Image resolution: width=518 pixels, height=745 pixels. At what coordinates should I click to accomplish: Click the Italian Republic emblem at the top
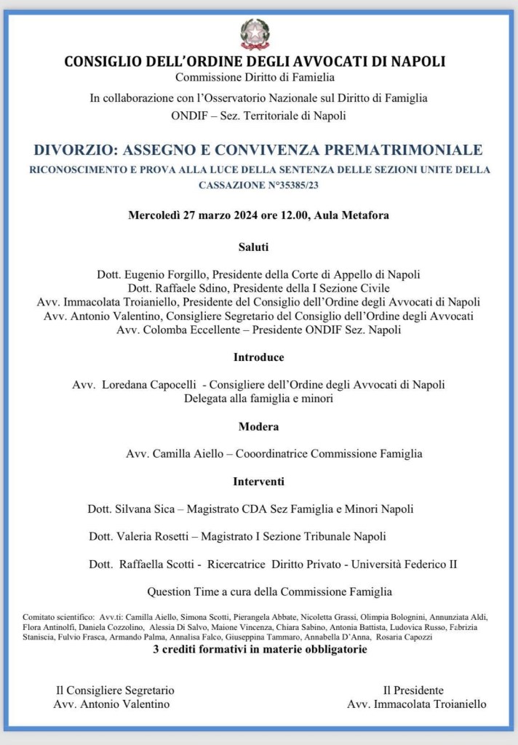point(255,34)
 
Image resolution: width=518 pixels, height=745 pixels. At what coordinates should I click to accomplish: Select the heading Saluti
point(254,247)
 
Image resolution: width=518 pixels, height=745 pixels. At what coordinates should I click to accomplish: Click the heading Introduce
point(258,357)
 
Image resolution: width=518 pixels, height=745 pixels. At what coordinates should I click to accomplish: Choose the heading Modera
point(258,426)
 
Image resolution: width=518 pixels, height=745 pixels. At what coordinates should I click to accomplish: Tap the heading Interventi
point(258,482)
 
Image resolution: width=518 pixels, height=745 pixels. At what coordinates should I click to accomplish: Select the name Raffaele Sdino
point(170,287)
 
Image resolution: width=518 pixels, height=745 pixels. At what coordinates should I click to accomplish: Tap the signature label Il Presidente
point(413,690)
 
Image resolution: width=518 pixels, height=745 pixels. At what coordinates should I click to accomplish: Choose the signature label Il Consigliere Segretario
point(115,690)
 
